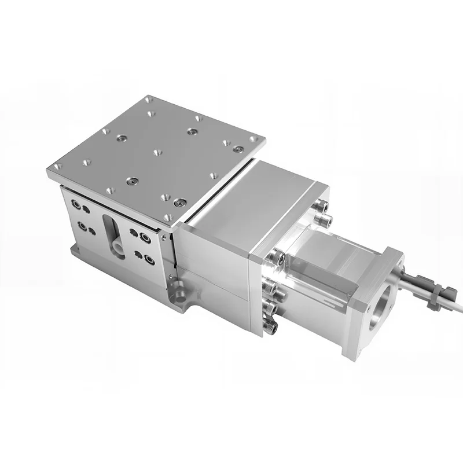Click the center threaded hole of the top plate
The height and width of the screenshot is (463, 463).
coord(157,153)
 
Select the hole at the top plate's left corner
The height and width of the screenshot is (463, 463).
coord(56,167)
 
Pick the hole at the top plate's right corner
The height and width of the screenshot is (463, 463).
coord(253,139)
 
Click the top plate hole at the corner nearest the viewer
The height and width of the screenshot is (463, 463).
coord(168,217)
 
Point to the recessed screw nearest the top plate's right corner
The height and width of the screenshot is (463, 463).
coord(237,149)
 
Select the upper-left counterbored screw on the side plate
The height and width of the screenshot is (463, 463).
coord(76,204)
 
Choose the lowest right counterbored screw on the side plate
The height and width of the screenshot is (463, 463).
coord(149,259)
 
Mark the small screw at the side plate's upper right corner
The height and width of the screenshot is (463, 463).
coord(164,237)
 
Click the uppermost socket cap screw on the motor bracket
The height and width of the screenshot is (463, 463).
coord(322,206)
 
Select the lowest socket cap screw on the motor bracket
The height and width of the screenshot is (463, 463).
coord(270,327)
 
